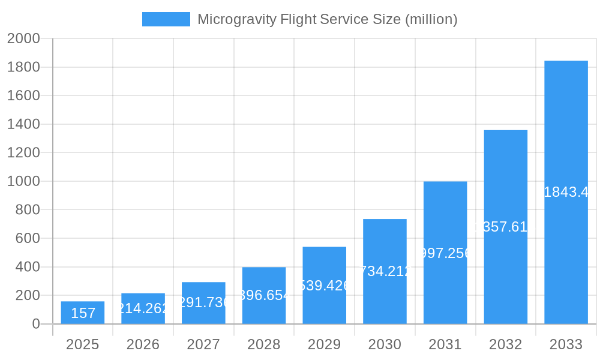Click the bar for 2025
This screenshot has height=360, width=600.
coord(83,313)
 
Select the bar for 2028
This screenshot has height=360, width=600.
coord(264,295)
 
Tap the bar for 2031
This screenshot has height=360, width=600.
coord(445,252)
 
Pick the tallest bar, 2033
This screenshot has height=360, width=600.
coord(566,192)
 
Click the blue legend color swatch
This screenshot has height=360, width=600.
coord(166,19)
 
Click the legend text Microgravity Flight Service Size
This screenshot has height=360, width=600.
coord(327,19)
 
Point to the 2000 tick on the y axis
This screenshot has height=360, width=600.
coord(23,38)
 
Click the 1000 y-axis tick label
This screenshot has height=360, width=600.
coord(23,181)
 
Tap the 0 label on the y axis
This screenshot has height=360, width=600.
coord(35,324)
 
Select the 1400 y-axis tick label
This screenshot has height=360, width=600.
coord(23,124)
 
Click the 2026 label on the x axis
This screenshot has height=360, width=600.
coord(143,344)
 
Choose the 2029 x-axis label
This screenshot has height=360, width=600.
coord(324,344)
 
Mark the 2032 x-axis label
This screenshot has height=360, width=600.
coord(505,344)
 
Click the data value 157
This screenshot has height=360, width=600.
coord(83,313)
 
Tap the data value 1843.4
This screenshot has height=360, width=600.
coord(566,192)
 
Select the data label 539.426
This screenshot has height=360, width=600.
coord(325,286)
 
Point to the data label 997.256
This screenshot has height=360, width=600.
coord(445,253)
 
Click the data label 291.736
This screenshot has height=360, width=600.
coord(203,302)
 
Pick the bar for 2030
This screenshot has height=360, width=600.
coord(385,271)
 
